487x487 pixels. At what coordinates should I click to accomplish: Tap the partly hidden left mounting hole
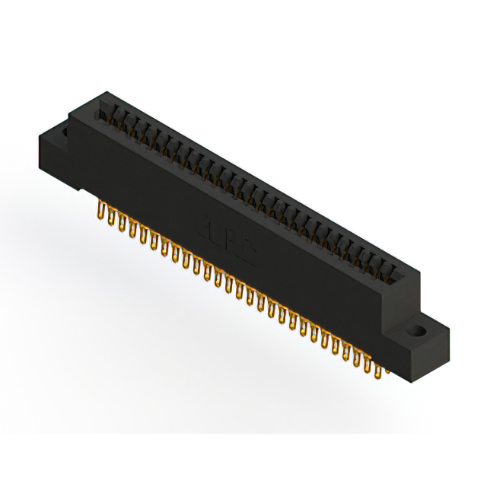pos(64,132)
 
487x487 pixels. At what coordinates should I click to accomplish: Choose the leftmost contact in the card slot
pos(105,114)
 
